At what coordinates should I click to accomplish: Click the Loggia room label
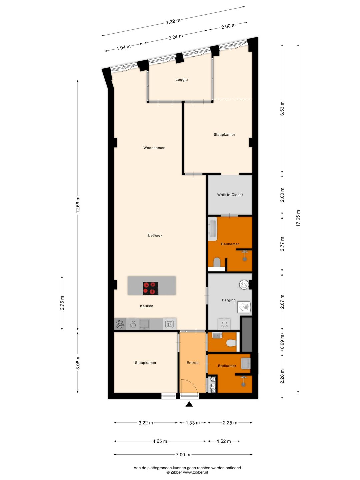click(181, 80)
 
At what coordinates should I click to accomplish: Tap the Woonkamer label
click(154, 148)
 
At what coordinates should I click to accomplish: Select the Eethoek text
click(155, 235)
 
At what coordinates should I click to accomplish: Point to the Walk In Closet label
click(230, 195)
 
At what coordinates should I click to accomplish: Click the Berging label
click(229, 300)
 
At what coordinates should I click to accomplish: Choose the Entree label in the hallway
click(192, 363)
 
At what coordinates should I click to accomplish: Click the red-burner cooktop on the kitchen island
click(151, 288)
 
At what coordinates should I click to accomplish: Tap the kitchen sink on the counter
click(144, 324)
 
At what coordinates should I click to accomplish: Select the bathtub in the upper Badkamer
click(212, 229)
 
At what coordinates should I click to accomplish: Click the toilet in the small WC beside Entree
click(231, 343)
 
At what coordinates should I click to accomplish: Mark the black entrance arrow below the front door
click(189, 404)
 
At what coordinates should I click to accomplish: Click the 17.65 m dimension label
click(298, 218)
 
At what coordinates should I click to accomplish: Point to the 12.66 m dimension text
click(78, 205)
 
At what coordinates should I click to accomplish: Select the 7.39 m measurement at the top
click(173, 22)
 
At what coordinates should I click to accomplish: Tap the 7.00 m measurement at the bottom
click(183, 455)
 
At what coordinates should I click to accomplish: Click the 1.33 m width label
click(193, 423)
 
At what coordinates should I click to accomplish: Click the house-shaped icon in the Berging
click(245, 307)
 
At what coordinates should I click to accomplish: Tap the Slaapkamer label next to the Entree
click(145, 363)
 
